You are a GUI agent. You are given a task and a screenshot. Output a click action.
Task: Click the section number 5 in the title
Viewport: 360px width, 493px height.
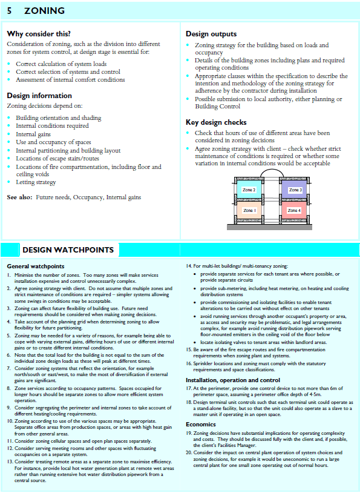(10, 11)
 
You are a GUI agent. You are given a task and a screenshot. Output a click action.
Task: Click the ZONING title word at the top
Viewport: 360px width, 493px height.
(44, 11)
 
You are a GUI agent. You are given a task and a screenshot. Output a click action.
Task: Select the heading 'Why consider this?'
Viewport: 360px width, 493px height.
(39, 34)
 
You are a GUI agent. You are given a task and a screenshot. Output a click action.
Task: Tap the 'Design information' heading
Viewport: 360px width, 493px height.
(39, 96)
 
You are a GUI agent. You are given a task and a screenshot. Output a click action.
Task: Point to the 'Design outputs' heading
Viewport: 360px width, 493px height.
(211, 34)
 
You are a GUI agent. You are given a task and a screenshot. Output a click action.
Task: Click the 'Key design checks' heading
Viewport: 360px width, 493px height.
(216, 122)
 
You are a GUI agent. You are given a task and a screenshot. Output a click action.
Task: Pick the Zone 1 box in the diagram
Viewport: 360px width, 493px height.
(249, 211)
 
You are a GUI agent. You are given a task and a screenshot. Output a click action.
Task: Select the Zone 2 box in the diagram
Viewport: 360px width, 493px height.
(249, 190)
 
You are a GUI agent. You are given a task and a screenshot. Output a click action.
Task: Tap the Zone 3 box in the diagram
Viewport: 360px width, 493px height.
(295, 190)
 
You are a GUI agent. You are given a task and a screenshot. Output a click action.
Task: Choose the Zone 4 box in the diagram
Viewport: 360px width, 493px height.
(295, 211)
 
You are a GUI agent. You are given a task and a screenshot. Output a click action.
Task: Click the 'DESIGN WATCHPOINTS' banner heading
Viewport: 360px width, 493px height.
(68, 250)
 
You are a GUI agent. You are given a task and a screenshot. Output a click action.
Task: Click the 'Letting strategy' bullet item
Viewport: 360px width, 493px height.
(36, 182)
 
